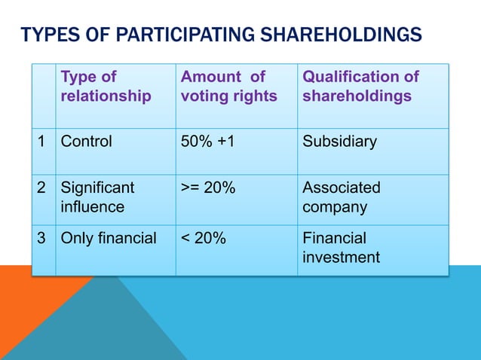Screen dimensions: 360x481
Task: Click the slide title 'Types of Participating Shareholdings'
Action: coord(221,35)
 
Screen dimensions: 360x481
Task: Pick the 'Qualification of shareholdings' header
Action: coord(360,87)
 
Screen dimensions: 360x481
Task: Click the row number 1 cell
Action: coord(43,142)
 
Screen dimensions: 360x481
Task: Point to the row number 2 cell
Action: coord(43,188)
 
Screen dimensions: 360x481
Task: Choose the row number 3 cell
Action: coord(43,239)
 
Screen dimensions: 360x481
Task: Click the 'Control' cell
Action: coord(86,142)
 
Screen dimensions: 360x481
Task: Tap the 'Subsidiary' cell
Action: coord(339,142)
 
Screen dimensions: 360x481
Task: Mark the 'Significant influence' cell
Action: coord(97,197)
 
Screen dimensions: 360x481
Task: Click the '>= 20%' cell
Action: coord(208,188)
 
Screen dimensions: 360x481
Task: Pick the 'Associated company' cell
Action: coord(342,197)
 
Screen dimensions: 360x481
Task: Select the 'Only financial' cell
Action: coord(109,239)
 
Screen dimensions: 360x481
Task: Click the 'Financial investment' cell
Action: coord(341,248)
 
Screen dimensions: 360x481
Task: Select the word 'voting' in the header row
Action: coord(203,96)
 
